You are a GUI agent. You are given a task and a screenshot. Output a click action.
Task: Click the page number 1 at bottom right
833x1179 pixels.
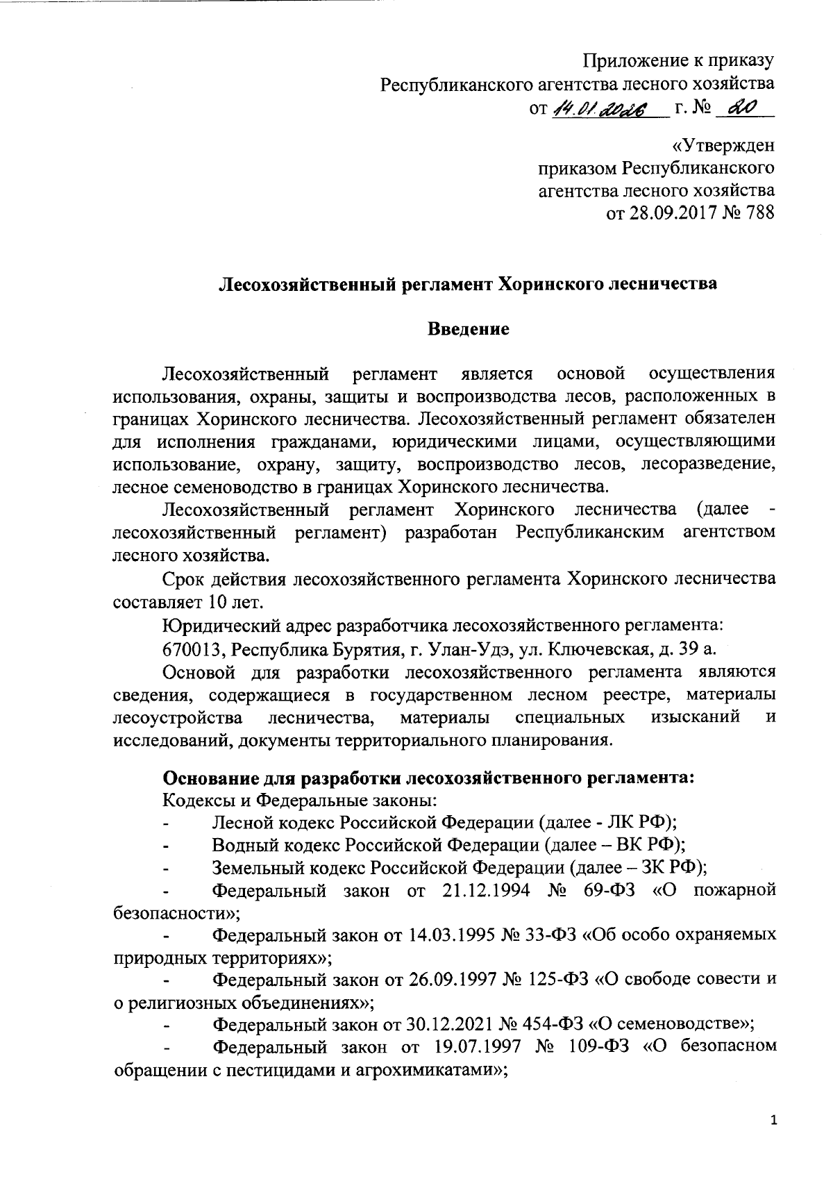click(x=774, y=1119)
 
